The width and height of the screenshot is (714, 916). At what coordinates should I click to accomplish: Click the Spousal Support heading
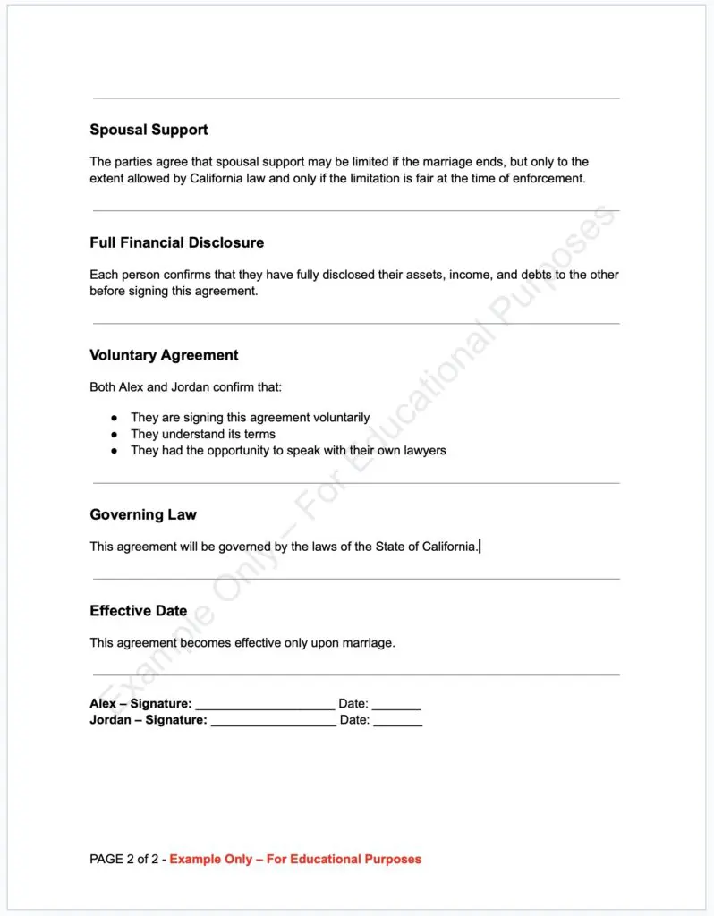(149, 130)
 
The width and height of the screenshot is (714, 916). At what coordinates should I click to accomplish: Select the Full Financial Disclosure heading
(176, 242)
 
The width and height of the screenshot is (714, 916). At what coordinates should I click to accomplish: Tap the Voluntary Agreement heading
(164, 355)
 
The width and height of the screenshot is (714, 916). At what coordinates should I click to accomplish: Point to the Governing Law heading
(143, 514)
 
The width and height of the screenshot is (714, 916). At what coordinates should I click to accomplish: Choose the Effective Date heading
(139, 611)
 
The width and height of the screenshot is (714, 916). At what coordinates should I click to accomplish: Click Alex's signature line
(265, 705)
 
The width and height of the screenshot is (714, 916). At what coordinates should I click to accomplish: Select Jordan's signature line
(273, 720)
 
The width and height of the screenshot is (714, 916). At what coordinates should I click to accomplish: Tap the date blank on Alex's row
(396, 705)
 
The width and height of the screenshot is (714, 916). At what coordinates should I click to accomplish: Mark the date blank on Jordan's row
(398, 720)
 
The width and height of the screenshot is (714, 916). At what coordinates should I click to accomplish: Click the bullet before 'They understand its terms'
(114, 434)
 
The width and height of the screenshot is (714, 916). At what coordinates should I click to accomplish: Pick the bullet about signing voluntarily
(114, 418)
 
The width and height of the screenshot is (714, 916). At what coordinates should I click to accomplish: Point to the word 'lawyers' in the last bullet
(423, 450)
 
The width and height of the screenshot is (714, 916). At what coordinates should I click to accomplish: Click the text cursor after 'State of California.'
(480, 546)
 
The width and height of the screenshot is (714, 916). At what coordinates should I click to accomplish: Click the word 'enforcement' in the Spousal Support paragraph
(548, 178)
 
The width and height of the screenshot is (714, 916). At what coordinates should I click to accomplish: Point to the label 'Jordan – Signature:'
(149, 720)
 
